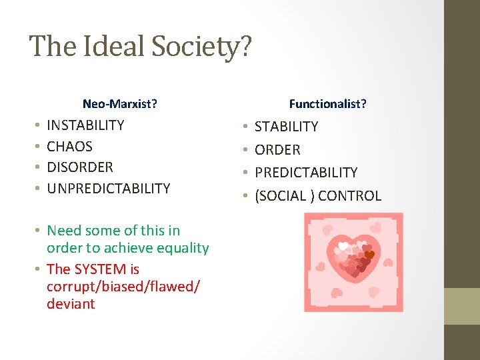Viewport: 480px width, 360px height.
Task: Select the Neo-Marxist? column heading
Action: click(120, 103)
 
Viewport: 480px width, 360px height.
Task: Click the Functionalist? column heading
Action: click(327, 103)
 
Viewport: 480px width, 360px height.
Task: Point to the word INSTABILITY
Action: click(85, 125)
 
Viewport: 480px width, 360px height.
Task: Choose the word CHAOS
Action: click(69, 146)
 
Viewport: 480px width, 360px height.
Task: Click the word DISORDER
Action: click(80, 167)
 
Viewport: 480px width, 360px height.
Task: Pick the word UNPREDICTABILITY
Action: click(108, 188)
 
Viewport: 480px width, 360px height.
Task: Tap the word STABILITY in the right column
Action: click(287, 127)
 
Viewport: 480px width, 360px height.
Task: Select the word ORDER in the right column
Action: click(277, 149)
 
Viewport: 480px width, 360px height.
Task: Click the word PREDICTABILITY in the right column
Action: click(306, 172)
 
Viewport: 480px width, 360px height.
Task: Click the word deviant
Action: click(71, 304)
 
